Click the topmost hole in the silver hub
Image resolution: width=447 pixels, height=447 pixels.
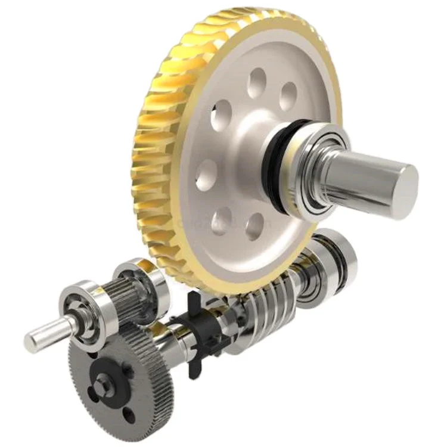coord(257,83)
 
